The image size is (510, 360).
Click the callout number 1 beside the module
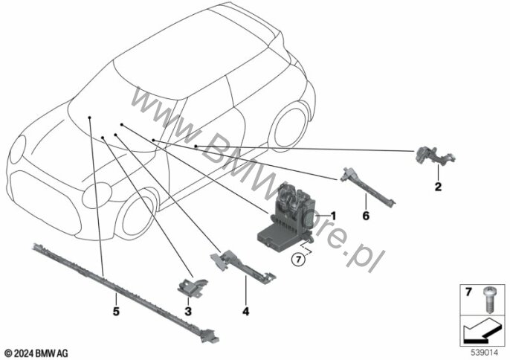point(333,216)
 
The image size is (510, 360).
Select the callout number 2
point(438,187)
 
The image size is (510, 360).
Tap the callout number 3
point(188,312)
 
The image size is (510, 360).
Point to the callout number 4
point(245,312)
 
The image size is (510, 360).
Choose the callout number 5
point(116,312)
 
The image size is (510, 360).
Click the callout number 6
point(366,216)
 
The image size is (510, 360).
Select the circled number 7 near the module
point(298,260)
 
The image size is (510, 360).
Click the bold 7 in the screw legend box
point(468,292)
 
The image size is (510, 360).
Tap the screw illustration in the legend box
point(489,300)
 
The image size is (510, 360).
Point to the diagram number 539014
point(484,353)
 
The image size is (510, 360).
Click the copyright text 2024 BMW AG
point(36,353)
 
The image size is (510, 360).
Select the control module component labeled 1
point(287,217)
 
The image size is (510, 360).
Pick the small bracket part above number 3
point(193,286)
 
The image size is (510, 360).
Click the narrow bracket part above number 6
point(367,186)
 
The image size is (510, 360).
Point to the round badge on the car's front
point(97,196)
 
